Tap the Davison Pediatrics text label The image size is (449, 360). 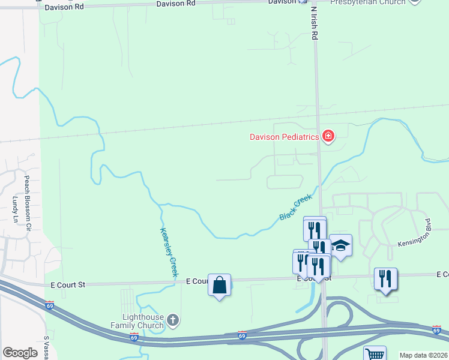click(283, 137)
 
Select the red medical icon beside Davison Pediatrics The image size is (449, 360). click(328, 136)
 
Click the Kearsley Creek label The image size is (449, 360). click(169, 252)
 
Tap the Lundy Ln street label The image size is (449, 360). click(15, 209)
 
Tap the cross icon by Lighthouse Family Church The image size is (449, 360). click(173, 320)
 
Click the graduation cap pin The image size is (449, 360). click(340, 245)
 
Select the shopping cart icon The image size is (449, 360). click(375, 355)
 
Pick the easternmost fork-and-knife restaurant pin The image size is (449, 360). click(385, 279)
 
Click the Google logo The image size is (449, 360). click(20, 353)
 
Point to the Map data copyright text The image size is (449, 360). click(423, 355)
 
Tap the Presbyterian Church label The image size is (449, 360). click(369, 2)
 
